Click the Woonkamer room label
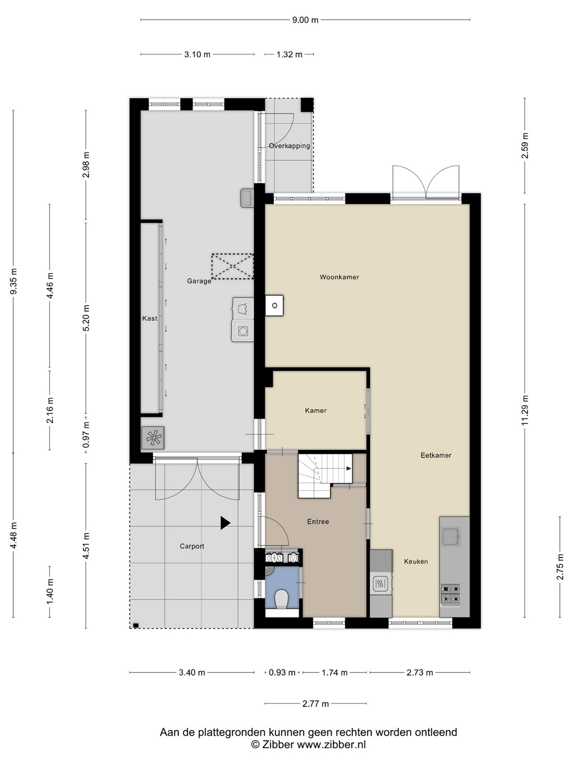point(339,277)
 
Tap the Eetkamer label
point(436,455)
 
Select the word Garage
point(199,281)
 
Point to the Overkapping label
point(290,146)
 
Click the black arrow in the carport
point(225,523)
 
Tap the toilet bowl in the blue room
point(281,599)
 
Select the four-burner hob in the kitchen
point(450,594)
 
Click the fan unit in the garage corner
point(153,438)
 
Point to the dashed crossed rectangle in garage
point(232,267)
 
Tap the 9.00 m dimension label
point(305,20)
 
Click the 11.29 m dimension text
point(525,410)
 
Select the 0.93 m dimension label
point(282,672)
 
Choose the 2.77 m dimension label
point(316,704)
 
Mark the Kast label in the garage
point(150,318)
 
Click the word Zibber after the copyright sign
point(277,744)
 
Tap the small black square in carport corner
point(136,625)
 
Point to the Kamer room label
point(316,411)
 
